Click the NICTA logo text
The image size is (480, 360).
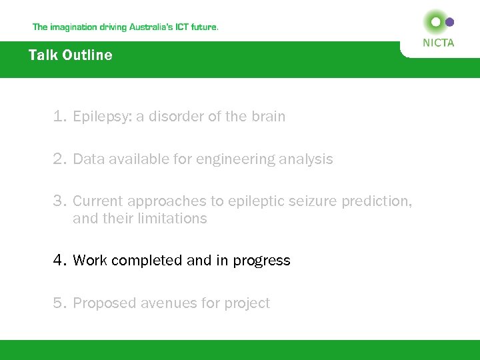pyautogui.click(x=439, y=43)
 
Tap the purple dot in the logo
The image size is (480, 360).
pyautogui.click(x=449, y=22)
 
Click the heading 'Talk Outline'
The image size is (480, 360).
pyautogui.click(x=71, y=55)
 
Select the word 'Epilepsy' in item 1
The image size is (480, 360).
pyautogui.click(x=102, y=117)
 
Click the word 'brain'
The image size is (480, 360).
pyautogui.click(x=268, y=117)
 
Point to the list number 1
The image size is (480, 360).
pyautogui.click(x=59, y=117)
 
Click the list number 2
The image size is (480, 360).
pyautogui.click(x=59, y=159)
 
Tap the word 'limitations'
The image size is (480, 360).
pyautogui.click(x=174, y=219)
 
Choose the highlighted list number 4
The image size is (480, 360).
pyautogui.click(x=59, y=261)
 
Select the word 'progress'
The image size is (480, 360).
pyautogui.click(x=261, y=261)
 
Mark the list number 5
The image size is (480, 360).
pyautogui.click(x=59, y=303)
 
